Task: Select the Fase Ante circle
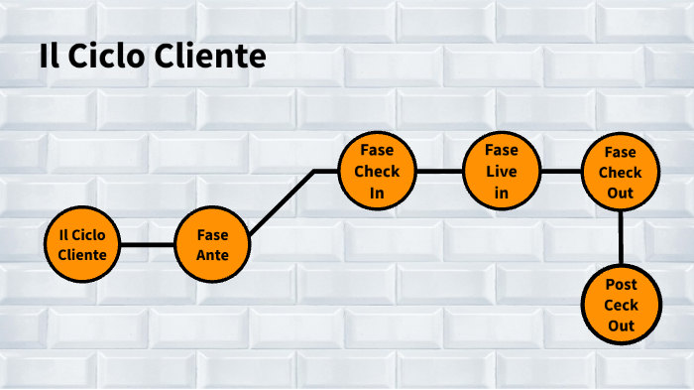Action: pos(212,244)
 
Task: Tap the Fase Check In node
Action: pos(377,172)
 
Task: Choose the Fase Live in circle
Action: pos(502,172)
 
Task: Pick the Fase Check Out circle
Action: pos(621,172)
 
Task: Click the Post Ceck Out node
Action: pos(621,305)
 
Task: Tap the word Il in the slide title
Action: pos(46,57)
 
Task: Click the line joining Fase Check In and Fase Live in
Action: pos(439,172)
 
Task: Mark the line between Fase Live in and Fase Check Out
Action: pos(561,172)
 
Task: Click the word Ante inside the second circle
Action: pos(212,255)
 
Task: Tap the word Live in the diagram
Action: pos(502,172)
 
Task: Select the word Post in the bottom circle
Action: pos(621,285)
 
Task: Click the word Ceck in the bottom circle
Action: pos(621,305)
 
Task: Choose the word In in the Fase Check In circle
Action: pos(377,193)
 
